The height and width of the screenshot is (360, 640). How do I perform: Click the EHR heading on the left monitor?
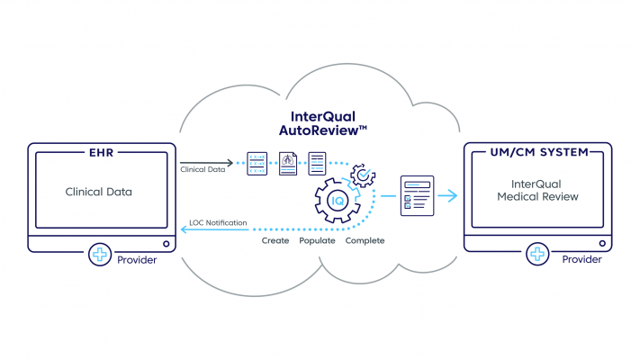pos(100,151)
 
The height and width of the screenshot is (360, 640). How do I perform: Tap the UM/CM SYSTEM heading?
pos(536,151)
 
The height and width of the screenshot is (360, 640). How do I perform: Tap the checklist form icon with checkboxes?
pos(417,195)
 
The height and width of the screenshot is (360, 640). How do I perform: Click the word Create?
pos(275,241)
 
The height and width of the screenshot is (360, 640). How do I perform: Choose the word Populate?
pos(318,241)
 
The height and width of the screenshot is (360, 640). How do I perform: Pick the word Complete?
pos(365,241)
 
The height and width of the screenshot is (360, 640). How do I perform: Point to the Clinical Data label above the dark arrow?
pos(203,170)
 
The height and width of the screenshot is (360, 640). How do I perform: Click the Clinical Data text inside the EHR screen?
pos(99,192)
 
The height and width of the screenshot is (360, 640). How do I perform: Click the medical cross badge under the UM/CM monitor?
pos(537,256)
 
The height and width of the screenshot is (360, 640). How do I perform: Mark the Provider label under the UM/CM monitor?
pos(581,260)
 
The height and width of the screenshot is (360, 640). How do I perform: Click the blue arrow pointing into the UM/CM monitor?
pos(446,195)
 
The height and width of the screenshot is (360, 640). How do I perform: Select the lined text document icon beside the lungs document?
pos(317,163)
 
